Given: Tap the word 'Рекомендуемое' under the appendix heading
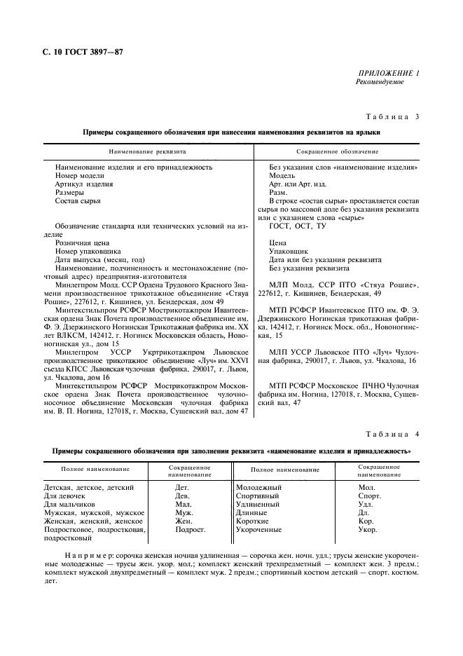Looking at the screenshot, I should click(x=380, y=82).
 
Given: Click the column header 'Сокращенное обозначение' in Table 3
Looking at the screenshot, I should click(x=338, y=151).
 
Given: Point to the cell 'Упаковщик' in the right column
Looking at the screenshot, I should click(x=289, y=251).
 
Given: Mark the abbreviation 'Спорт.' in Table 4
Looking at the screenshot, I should click(x=368, y=496).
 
